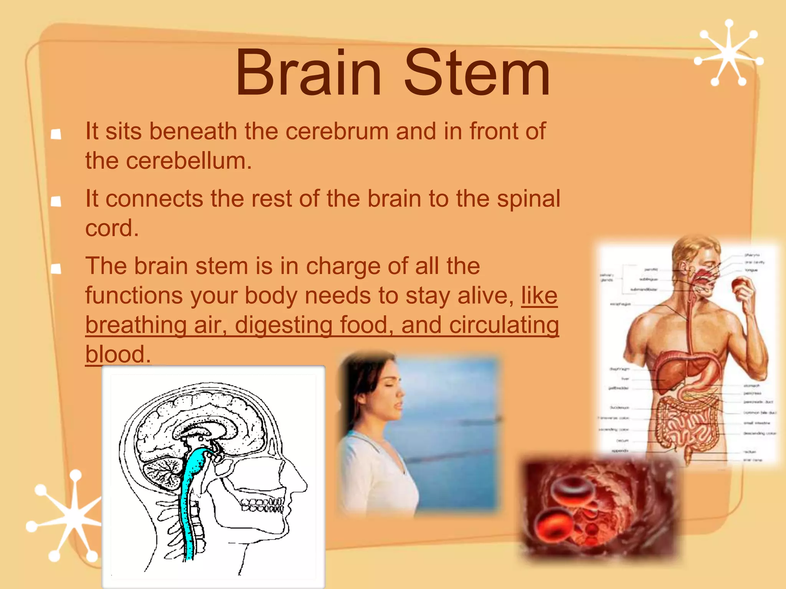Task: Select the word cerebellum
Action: (188, 161)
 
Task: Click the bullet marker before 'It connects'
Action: (56, 201)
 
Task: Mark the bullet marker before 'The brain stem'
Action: (56, 268)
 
